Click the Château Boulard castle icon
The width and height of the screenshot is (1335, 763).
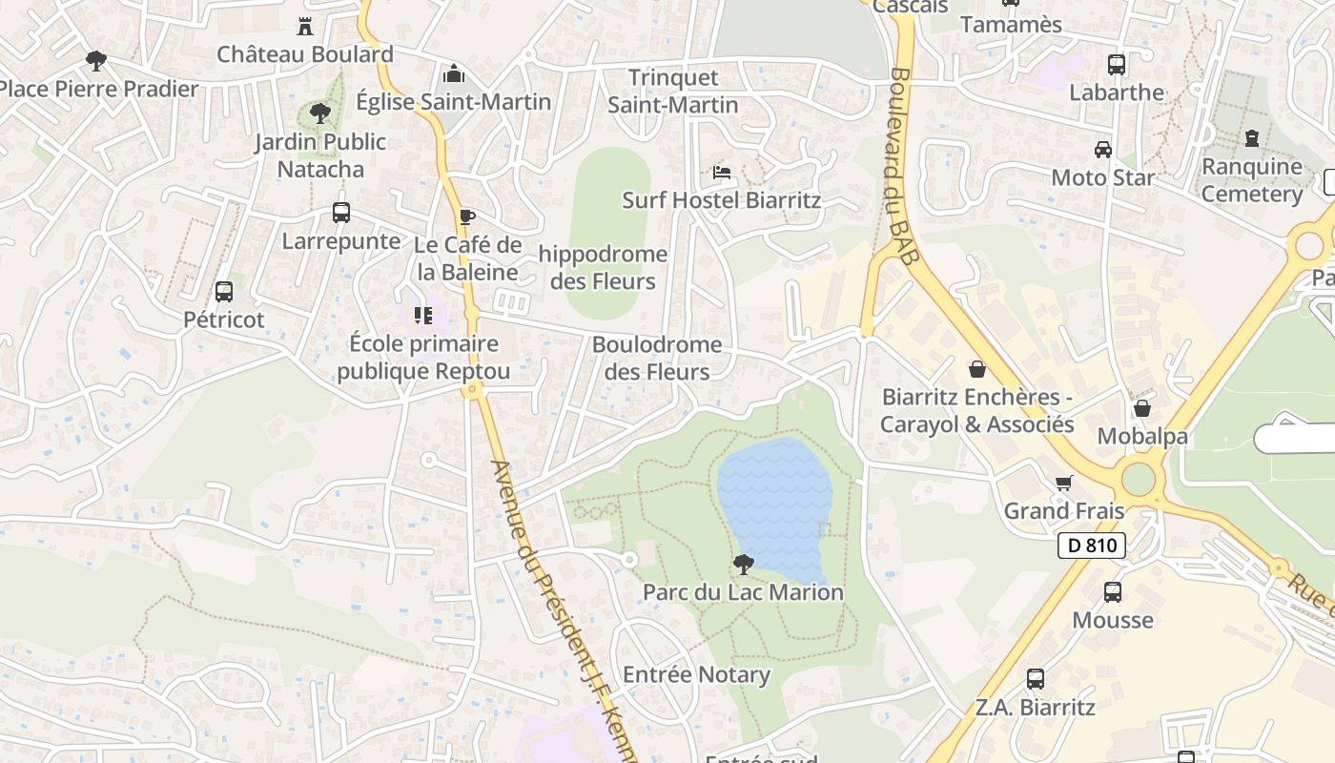pyautogui.click(x=305, y=26)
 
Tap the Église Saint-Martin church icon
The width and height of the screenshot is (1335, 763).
pyautogui.click(x=454, y=73)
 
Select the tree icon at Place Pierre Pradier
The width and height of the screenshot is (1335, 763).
pyautogui.click(x=95, y=61)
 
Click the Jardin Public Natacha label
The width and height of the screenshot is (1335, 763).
pyautogui.click(x=320, y=155)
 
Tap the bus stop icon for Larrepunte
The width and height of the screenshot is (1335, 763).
pyautogui.click(x=341, y=213)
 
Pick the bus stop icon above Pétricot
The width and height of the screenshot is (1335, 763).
pyautogui.click(x=224, y=292)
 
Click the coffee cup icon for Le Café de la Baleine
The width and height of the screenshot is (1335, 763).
pyautogui.click(x=466, y=217)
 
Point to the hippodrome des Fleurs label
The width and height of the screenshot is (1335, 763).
pyautogui.click(x=603, y=268)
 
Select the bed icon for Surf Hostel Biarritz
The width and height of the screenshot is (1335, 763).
pyautogui.click(x=722, y=173)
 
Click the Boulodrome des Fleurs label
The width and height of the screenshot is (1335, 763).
pyautogui.click(x=657, y=358)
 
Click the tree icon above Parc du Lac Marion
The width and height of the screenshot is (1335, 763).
pyautogui.click(x=744, y=564)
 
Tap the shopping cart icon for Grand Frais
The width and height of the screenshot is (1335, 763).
pyautogui.click(x=1064, y=483)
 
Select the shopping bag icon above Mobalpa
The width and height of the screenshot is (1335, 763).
pyautogui.click(x=1141, y=408)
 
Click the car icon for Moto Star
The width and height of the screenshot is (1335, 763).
pyautogui.click(x=1103, y=150)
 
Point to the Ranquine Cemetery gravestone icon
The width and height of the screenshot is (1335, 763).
pyautogui.click(x=1252, y=138)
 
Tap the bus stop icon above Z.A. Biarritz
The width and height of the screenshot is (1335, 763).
pyautogui.click(x=1036, y=679)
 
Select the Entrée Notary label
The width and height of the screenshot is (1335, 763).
pyautogui.click(x=696, y=675)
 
